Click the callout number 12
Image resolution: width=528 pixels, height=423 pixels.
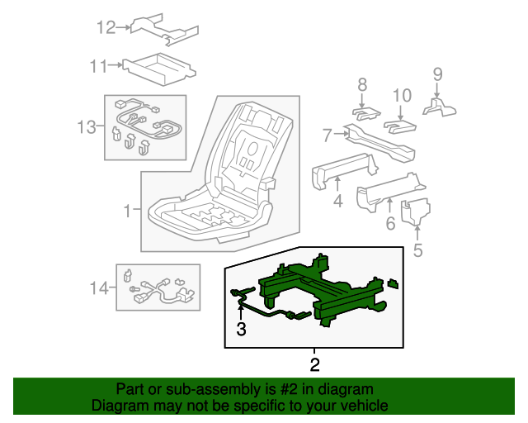pyautogui.click(x=106, y=28)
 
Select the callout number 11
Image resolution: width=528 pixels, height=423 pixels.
pyautogui.click(x=99, y=64)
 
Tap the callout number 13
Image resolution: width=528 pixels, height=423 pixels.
pyautogui.click(x=87, y=127)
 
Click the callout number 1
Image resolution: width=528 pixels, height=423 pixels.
pyautogui.click(x=126, y=211)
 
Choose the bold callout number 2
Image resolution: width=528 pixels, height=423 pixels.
pyautogui.click(x=314, y=364)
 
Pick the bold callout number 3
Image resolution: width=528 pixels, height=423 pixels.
pyautogui.click(x=242, y=330)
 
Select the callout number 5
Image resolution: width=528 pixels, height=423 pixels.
pyautogui.click(x=417, y=250)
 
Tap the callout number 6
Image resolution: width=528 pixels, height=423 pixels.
pyautogui.click(x=390, y=224)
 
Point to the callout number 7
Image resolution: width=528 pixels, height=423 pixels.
pyautogui.click(x=327, y=133)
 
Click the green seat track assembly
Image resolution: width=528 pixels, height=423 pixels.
pyautogui.click(x=330, y=293)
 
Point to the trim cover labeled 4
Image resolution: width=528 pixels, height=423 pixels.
pyautogui.click(x=340, y=169)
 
